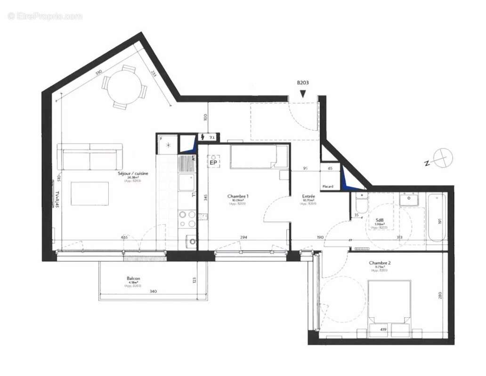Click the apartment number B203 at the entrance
point(302,83)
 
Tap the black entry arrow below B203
point(302,94)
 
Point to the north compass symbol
point(443,157)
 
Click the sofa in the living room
point(89,157)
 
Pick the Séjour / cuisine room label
point(133,173)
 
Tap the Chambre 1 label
point(238,196)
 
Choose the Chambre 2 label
point(380,263)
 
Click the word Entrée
point(308,196)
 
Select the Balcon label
point(133,278)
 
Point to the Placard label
point(328,187)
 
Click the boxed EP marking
point(213,162)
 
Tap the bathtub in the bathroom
point(437,217)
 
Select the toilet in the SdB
point(362,203)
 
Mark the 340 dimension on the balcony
point(153,292)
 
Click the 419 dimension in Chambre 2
point(383,329)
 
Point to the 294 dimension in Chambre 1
point(243,238)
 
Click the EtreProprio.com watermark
point(45,16)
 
